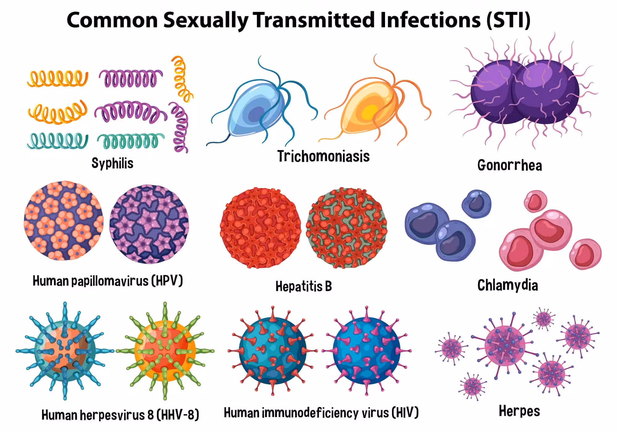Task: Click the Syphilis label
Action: tap(112, 163)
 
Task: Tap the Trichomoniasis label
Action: tap(323, 156)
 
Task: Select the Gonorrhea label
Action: tap(510, 165)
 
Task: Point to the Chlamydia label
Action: tap(508, 285)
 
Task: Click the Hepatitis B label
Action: tap(304, 286)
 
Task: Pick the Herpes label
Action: tap(520, 411)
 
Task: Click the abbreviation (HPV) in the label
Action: tap(167, 281)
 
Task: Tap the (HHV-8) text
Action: tap(178, 415)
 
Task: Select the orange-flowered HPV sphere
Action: tap(64, 221)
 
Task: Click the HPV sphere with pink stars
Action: tap(149, 224)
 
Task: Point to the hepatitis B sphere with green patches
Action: tap(346, 228)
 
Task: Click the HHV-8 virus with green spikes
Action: tap(165, 351)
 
